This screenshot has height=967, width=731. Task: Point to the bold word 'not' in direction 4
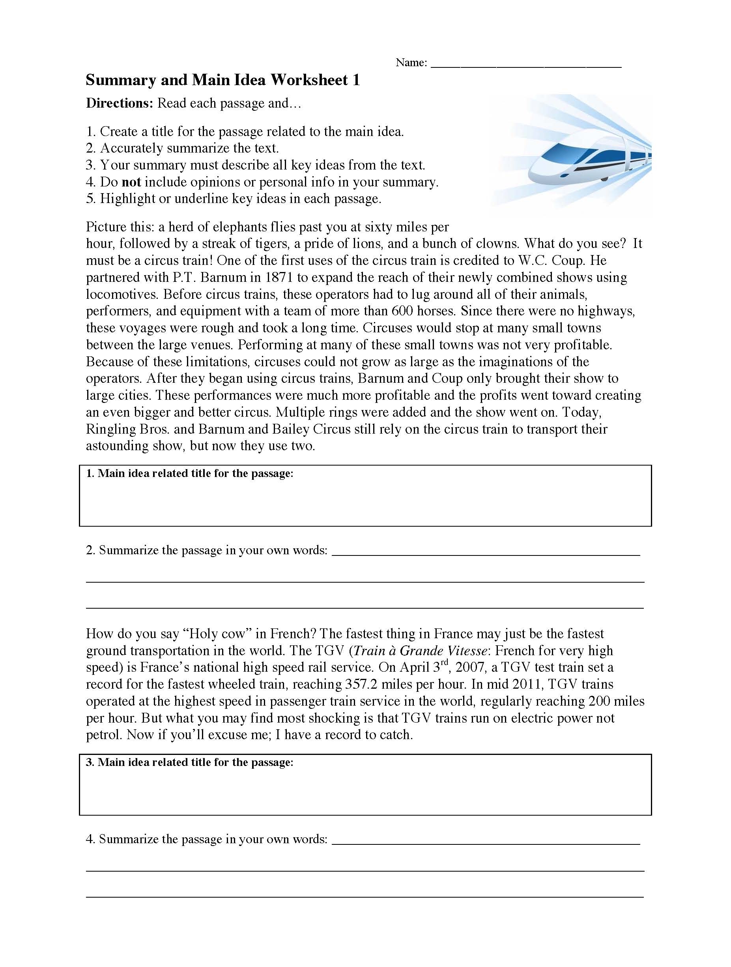tap(131, 182)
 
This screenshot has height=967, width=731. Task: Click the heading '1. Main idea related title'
tap(189, 473)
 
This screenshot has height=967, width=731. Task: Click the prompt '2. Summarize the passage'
tap(206, 550)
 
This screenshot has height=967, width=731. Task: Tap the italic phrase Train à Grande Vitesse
tap(420, 650)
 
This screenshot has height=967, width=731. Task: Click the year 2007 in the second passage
tap(471, 667)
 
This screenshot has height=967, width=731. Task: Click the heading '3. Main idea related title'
tap(189, 762)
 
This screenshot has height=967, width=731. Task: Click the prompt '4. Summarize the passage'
tap(206, 839)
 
